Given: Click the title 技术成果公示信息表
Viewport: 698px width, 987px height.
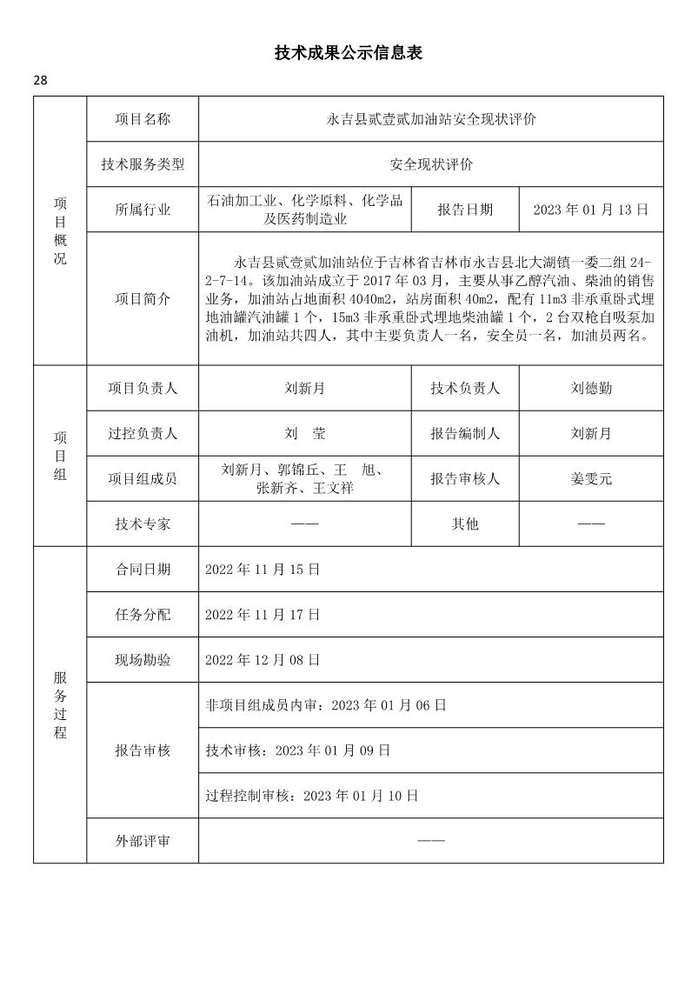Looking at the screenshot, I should click(x=349, y=54).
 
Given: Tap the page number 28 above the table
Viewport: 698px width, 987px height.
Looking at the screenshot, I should click(x=41, y=81).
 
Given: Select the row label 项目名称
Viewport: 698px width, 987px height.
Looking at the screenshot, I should click(x=143, y=119).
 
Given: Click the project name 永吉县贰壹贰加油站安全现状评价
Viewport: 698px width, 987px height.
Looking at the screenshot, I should click(x=431, y=119).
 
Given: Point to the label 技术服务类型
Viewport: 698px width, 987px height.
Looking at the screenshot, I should click(x=143, y=164).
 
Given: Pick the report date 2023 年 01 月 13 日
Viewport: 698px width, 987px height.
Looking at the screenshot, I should click(x=590, y=210).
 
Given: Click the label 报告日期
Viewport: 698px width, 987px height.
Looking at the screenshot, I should click(x=465, y=210).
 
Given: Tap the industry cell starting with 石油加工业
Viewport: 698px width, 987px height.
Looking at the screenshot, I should click(x=305, y=210).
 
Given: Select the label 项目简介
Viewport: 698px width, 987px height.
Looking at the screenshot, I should click(x=143, y=298).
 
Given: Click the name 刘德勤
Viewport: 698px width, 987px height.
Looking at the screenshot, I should click(x=591, y=389).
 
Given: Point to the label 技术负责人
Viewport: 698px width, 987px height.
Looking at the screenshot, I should click(x=465, y=389).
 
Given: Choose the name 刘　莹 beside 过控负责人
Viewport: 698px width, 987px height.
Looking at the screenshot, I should click(x=305, y=433).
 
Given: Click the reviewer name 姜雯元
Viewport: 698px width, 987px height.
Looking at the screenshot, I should click(x=591, y=478).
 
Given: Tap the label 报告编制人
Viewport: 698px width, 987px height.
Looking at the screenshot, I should click(x=465, y=433).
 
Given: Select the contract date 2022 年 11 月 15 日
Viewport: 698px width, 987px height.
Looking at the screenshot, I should click(x=263, y=570).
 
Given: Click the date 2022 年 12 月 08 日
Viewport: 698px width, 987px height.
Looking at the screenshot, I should click(x=263, y=659).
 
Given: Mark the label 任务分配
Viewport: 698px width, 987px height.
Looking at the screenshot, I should click(x=143, y=615).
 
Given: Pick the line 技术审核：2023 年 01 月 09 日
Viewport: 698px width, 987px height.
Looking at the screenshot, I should click(x=297, y=750).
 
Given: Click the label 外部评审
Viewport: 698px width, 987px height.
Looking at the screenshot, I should click(x=143, y=841).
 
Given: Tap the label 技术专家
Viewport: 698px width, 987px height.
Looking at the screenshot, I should click(x=143, y=524).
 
